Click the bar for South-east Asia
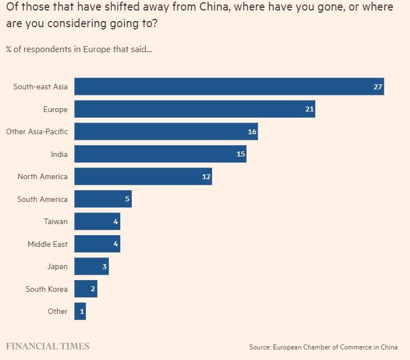(229, 87)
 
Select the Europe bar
(194, 109)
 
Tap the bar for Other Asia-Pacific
(166, 131)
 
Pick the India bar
(160, 154)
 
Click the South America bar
(102, 199)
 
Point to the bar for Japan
(91, 266)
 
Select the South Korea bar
(85, 289)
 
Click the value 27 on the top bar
(378, 87)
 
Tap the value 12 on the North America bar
(206, 177)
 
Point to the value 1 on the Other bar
(82, 312)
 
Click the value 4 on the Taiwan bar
(115, 222)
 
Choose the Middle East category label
(48, 244)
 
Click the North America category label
(43, 176)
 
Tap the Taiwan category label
(55, 221)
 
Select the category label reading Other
(58, 311)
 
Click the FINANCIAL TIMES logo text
(48, 346)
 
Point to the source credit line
(323, 347)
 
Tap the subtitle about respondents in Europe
(79, 49)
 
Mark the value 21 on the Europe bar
(309, 109)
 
